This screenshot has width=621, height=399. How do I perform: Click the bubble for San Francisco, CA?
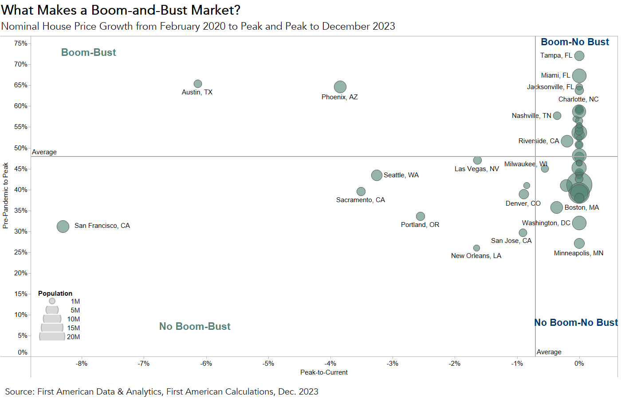tap(63, 227)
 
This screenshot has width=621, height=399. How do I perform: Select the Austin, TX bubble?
tap(198, 84)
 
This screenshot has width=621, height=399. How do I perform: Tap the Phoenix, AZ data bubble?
tap(340, 87)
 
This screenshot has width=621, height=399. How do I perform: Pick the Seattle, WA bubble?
tap(377, 175)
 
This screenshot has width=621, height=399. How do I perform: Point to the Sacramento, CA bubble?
tap(361, 192)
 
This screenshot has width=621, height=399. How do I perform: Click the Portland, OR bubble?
tap(421, 216)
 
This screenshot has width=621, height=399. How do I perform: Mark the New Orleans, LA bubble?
tap(476, 248)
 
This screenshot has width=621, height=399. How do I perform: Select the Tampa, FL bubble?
tap(579, 56)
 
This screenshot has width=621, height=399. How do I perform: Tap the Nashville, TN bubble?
tap(557, 116)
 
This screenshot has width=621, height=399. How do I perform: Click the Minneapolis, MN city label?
tap(578, 253)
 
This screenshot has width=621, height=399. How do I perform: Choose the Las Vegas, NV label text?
tap(476, 169)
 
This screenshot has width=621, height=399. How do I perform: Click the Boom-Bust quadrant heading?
tap(88, 52)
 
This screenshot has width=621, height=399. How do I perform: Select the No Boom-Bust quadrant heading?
tap(195, 326)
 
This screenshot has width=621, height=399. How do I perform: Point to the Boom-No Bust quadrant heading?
tap(575, 42)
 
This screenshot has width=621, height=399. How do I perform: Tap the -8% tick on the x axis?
tap(82, 364)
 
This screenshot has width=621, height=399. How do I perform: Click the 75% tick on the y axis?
tap(20, 43)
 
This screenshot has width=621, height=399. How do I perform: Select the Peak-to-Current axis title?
tap(324, 372)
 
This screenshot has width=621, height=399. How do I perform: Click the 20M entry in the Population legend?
tap(73, 337)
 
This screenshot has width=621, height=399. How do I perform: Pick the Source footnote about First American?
tap(161, 391)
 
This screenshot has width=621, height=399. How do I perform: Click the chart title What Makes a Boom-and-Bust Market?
tap(121, 10)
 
